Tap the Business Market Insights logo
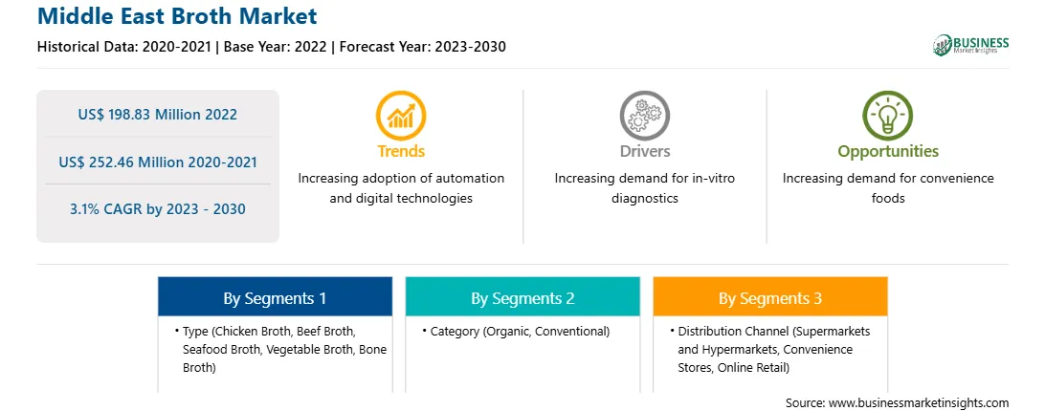[x=971, y=45]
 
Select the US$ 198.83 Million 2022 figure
[x=157, y=114]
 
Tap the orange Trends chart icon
[x=401, y=116]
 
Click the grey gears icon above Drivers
[x=644, y=116]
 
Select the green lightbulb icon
[x=888, y=116]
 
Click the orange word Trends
[x=401, y=151]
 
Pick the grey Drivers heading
[x=645, y=151]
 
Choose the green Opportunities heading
[x=888, y=152]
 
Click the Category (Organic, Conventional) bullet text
[x=520, y=331]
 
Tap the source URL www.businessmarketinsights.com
[x=919, y=403]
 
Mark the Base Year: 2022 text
[x=276, y=47]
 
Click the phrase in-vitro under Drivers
[x=712, y=179]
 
